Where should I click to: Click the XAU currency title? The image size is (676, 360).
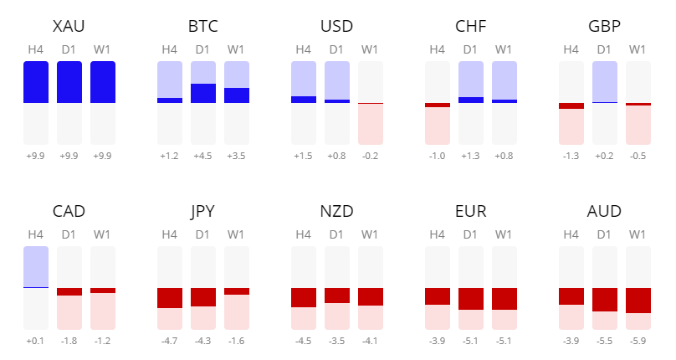(69, 27)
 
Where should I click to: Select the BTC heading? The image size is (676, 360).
(203, 27)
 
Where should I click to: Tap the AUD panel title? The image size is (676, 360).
(605, 211)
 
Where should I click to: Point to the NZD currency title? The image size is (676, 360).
(337, 211)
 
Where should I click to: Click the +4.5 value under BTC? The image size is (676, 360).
(203, 156)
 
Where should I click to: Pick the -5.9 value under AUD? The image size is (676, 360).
(638, 341)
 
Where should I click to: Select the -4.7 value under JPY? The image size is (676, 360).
(170, 341)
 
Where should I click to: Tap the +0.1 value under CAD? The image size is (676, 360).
(36, 341)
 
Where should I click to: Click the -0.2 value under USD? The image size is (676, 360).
(371, 156)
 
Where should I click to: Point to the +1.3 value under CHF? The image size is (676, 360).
(471, 156)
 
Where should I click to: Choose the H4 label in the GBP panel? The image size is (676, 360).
(571, 49)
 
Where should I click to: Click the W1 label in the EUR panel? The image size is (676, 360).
(504, 234)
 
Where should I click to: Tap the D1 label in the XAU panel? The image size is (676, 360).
(69, 49)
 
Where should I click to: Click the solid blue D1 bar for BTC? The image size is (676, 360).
(203, 93)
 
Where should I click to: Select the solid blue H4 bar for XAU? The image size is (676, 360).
(36, 82)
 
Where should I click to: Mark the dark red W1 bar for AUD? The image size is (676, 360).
(638, 300)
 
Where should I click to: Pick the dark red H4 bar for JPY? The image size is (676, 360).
(170, 297)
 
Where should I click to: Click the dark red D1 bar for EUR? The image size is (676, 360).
(471, 299)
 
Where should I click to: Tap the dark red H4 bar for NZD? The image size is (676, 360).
(304, 297)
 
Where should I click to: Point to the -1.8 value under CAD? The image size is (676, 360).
(69, 341)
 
